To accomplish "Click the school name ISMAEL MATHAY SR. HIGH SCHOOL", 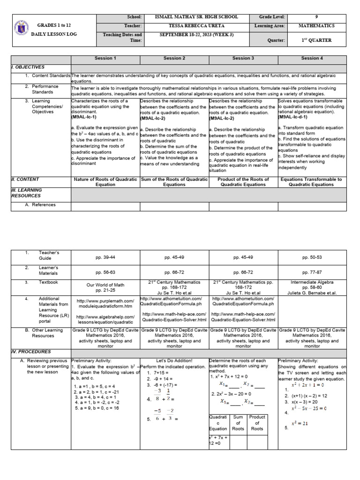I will pos(196,17).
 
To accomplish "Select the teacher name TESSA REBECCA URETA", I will pos(196,26).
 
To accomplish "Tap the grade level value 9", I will pos(316,17).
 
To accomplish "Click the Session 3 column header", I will pos(243,58).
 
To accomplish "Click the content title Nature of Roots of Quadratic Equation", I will pos(105,182).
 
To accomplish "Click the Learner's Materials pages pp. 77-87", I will pos(312,272).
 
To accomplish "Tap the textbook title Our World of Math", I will pos(105,285).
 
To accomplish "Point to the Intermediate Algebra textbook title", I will pos(312,282).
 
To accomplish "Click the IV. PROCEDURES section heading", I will pos(31,352).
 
